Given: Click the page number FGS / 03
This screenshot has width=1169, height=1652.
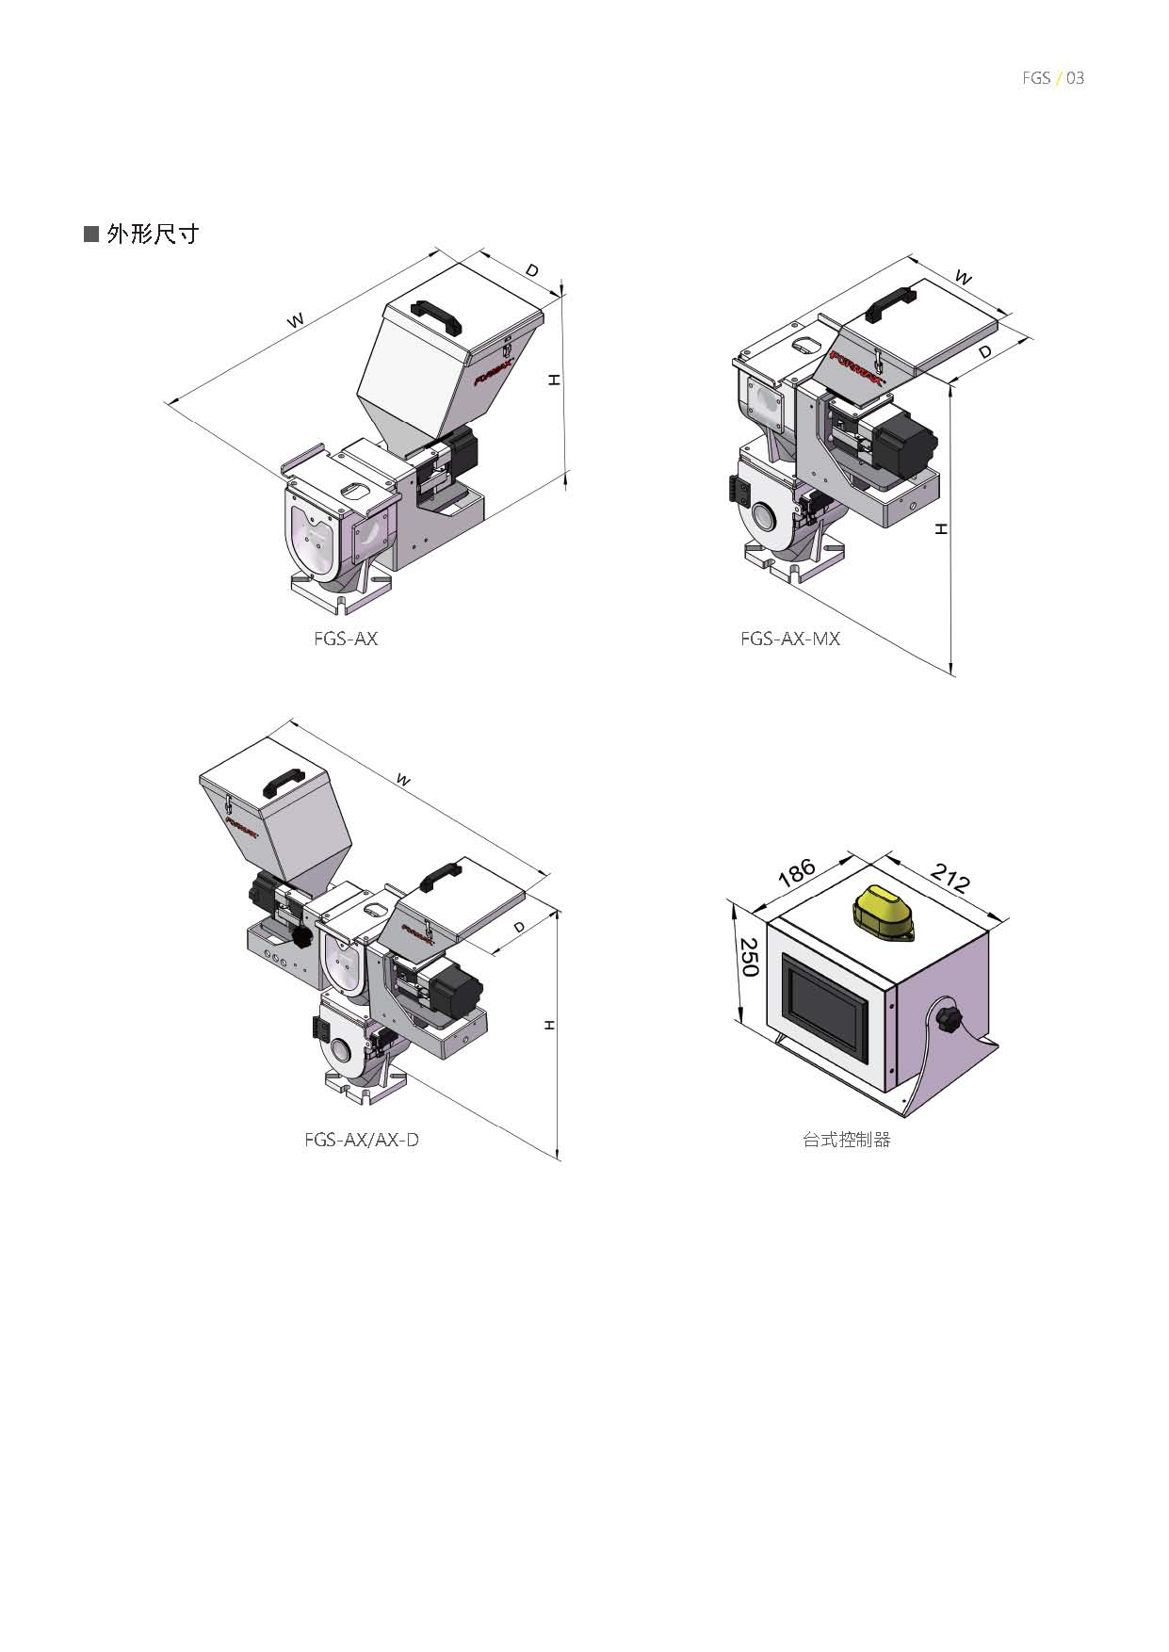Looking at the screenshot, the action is [x=1053, y=78].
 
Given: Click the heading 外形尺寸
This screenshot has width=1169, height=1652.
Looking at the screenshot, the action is [x=153, y=234].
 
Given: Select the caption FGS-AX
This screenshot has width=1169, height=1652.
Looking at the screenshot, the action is [x=346, y=639].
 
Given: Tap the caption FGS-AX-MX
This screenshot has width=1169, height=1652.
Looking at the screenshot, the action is [x=789, y=639].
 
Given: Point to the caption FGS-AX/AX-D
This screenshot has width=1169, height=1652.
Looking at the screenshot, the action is [x=362, y=1140].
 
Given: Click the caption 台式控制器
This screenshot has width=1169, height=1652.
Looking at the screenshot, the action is [x=847, y=1140].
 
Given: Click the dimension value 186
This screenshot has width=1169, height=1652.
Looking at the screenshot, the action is [x=797, y=872].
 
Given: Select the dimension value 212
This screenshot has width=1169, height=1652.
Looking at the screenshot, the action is [x=950, y=878].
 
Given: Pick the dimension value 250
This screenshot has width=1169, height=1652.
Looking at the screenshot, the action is [x=750, y=957].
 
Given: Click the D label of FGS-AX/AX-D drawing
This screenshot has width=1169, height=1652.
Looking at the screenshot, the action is [x=519, y=928].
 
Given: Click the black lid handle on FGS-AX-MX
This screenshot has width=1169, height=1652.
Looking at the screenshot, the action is [x=890, y=304].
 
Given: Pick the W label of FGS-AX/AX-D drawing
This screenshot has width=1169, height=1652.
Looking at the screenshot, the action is [x=403, y=780].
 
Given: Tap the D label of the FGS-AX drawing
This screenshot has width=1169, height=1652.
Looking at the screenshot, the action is [x=532, y=270].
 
